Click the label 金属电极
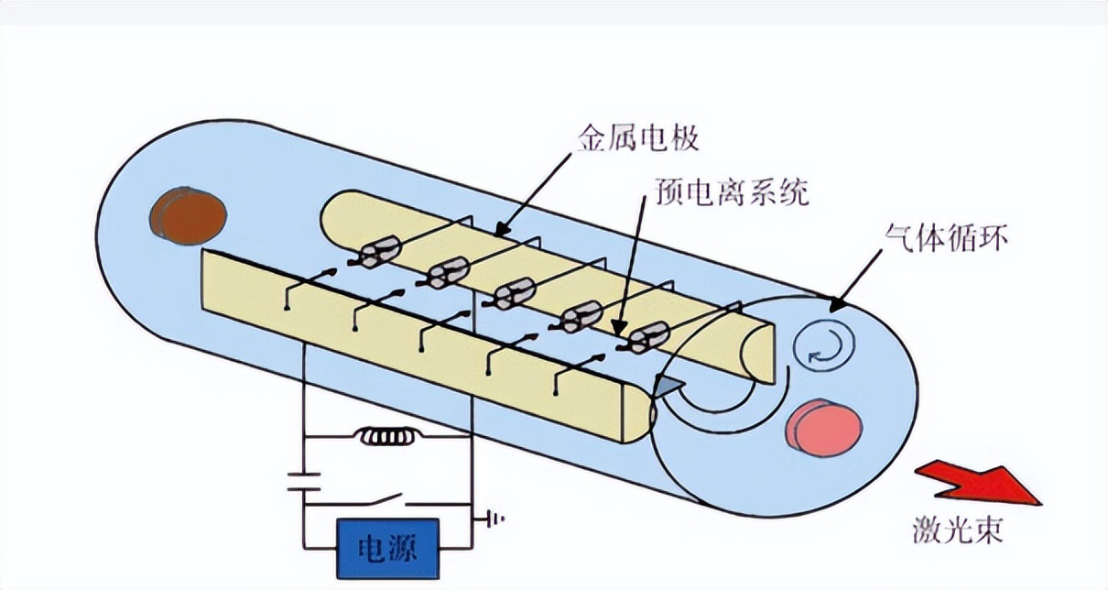[x=638, y=139]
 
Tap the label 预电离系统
[x=732, y=192]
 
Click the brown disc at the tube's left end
[x=190, y=215]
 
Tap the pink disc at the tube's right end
[x=821, y=427]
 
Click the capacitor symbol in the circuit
[x=304, y=482]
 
